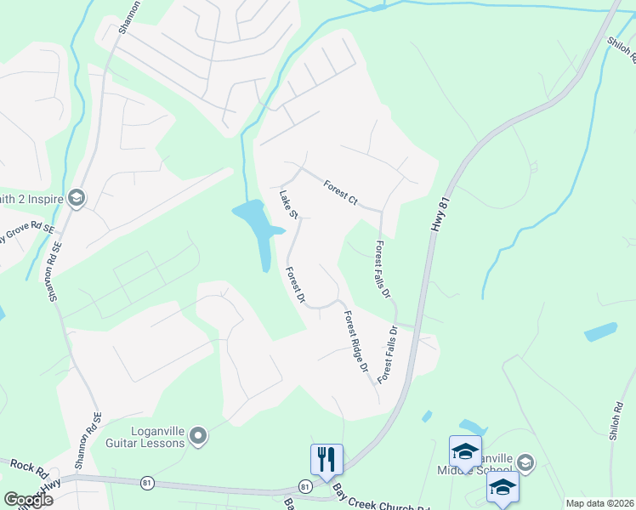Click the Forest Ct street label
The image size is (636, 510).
(340, 192)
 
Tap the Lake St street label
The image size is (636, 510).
(287, 202)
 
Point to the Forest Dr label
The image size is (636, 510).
(295, 286)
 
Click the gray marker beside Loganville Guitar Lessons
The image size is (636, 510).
(199, 437)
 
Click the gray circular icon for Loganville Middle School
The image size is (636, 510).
(525, 462)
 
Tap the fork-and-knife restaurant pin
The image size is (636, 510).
(327, 459)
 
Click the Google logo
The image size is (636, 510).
(28, 500)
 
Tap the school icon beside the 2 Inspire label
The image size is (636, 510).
(76, 198)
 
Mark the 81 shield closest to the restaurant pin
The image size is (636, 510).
(304, 486)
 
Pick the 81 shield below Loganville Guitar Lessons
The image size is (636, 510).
(148, 483)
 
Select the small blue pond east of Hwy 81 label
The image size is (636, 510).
(600, 331)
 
